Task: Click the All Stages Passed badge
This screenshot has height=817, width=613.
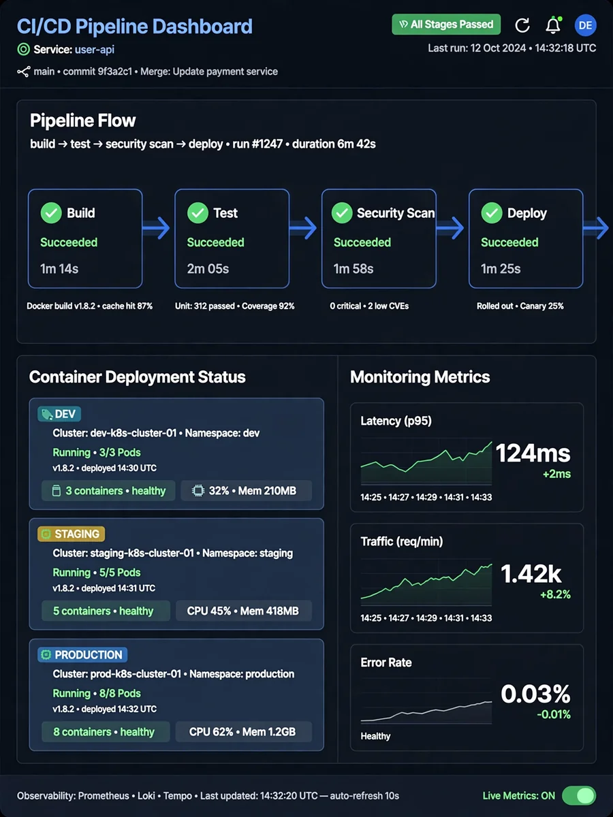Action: pyautogui.click(x=446, y=25)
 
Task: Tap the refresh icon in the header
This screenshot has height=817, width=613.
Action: pyautogui.click(x=522, y=25)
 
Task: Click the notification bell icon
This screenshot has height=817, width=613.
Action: pyautogui.click(x=553, y=25)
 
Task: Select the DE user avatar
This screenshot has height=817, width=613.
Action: pyautogui.click(x=586, y=25)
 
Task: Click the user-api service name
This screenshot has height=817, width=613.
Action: pyautogui.click(x=95, y=50)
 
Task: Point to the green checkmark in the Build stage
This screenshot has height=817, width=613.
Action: pyautogui.click(x=51, y=213)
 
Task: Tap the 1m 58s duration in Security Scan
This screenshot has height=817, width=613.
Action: pyautogui.click(x=353, y=269)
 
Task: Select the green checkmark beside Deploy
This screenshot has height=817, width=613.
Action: pyautogui.click(x=492, y=213)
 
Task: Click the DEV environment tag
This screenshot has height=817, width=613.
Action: pyautogui.click(x=59, y=414)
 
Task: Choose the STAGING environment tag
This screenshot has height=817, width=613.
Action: pyautogui.click(x=71, y=534)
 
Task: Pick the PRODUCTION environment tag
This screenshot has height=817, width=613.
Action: pyautogui.click(x=82, y=655)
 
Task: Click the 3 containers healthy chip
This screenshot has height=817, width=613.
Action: pyautogui.click(x=108, y=491)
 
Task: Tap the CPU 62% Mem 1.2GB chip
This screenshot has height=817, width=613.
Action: pyautogui.click(x=244, y=732)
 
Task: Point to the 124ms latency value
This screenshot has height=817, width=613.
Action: pyautogui.click(x=533, y=453)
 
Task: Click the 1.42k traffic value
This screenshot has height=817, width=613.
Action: pyautogui.click(x=531, y=574)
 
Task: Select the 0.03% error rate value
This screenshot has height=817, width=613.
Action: pyautogui.click(x=535, y=694)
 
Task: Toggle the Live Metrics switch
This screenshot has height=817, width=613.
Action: pyautogui.click(x=579, y=796)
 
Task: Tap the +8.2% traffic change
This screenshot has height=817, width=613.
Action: pyautogui.click(x=555, y=594)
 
